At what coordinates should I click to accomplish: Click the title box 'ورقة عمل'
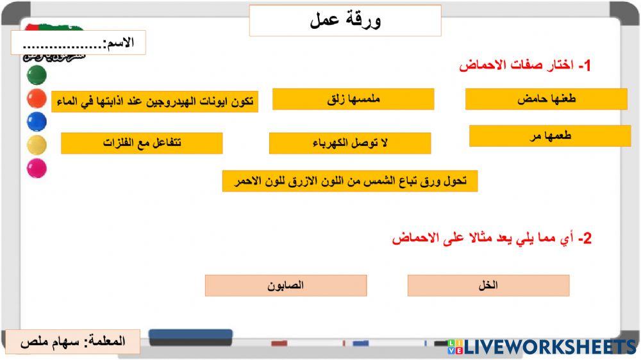[x=345, y=20]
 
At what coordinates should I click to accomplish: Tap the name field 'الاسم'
[x=78, y=43]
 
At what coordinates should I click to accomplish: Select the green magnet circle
[x=37, y=75]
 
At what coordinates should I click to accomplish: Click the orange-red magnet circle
[x=37, y=99]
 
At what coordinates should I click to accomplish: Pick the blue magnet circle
[x=37, y=122]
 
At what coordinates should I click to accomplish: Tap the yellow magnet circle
[x=37, y=145]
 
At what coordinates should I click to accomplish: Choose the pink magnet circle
[x=37, y=168]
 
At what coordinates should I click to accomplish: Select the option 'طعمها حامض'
[x=546, y=99]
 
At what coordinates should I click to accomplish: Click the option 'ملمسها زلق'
[x=353, y=99]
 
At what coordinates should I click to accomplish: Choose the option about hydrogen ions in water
[x=154, y=101]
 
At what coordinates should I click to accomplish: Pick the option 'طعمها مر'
[x=550, y=136]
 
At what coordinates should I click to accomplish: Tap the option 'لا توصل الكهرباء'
[x=350, y=143]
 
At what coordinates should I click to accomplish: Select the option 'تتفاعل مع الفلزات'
[x=142, y=143]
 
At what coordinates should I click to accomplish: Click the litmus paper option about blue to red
[x=350, y=181]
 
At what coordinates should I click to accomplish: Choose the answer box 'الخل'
[x=488, y=286]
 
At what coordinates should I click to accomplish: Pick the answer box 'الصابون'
[x=286, y=286]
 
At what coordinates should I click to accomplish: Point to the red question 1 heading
[x=526, y=65]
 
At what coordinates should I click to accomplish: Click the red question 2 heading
[x=492, y=239]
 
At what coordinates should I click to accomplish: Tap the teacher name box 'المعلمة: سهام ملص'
[x=72, y=341]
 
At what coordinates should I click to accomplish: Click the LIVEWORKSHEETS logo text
[x=550, y=347]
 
